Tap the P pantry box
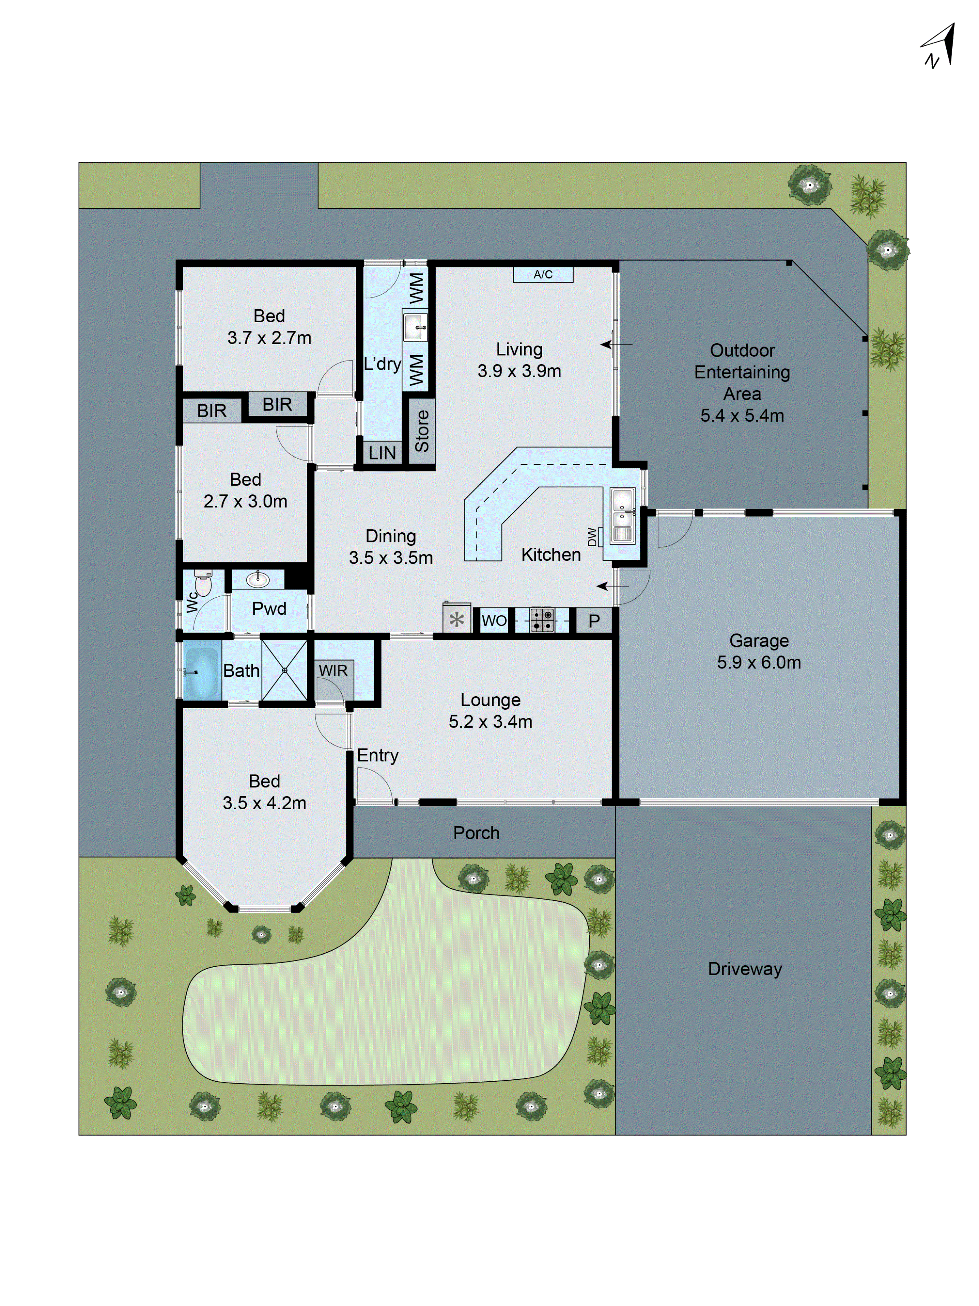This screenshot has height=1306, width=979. click(x=594, y=621)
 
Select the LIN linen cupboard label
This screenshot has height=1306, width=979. click(x=382, y=453)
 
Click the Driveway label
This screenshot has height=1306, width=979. click(x=745, y=969)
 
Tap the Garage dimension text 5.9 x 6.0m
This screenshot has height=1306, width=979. click(x=759, y=662)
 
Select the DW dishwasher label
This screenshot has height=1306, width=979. click(x=592, y=537)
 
